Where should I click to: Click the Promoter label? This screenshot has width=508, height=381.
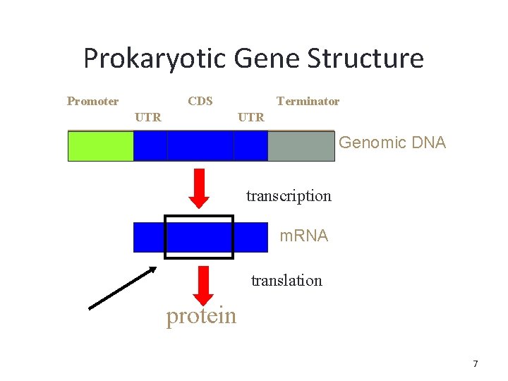(x=92, y=101)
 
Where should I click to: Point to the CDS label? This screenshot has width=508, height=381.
(x=200, y=101)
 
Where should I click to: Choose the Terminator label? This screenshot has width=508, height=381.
(x=308, y=101)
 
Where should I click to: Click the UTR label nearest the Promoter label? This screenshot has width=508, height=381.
(x=147, y=117)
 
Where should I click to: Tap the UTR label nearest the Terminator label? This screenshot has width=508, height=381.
(x=251, y=117)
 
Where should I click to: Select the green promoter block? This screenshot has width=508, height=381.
(x=100, y=146)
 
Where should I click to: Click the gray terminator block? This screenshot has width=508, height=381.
(x=301, y=146)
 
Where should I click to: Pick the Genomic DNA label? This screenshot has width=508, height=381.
(x=392, y=143)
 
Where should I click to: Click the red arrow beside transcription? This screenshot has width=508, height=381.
(x=200, y=188)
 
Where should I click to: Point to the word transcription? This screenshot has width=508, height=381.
(x=289, y=195)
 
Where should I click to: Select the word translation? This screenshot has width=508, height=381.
(x=286, y=280)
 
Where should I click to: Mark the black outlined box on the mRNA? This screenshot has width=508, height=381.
(x=199, y=237)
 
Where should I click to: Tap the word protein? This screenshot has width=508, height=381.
(x=201, y=316)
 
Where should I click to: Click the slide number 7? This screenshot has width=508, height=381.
(x=475, y=364)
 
